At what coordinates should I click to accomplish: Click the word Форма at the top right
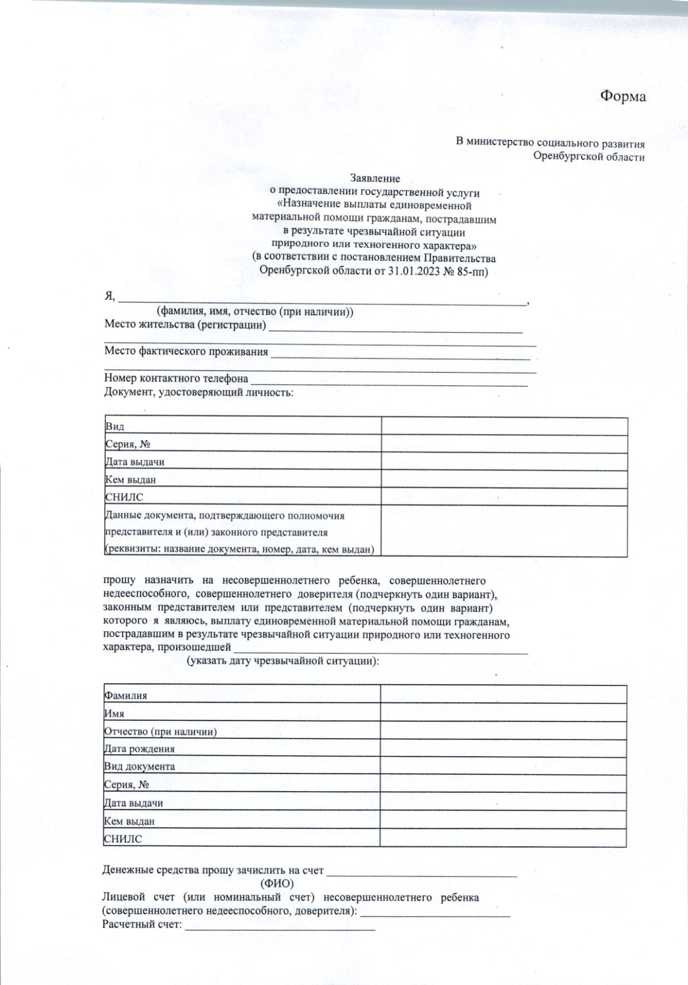point(623,96)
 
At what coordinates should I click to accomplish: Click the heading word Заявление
point(375,178)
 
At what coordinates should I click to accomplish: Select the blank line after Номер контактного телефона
point(389,381)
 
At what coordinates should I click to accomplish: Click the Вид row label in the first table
point(115,427)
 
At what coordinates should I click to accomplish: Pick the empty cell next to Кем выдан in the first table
point(504,479)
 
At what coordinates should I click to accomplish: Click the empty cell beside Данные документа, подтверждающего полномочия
point(504,531)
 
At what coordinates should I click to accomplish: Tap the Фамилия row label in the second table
point(126,695)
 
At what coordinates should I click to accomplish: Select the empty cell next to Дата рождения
point(503,748)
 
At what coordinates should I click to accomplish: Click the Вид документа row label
point(139,767)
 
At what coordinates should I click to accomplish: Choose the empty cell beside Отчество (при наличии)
point(503,731)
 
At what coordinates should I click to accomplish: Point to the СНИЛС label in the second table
point(123,839)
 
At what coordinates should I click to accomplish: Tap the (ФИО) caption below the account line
point(277,884)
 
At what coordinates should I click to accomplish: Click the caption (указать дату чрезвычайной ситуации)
point(283,661)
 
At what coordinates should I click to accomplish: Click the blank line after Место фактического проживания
point(400,354)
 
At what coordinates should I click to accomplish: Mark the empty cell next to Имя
point(503,713)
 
